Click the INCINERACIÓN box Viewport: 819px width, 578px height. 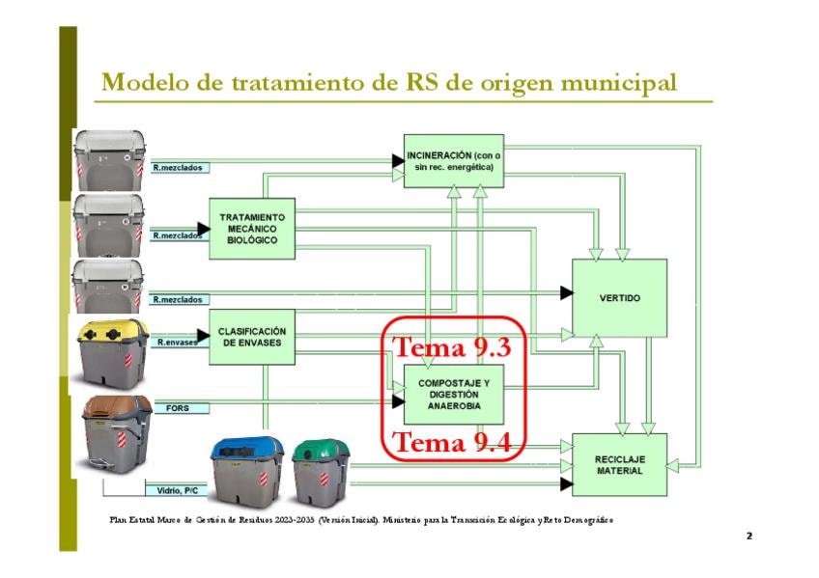[x=454, y=160]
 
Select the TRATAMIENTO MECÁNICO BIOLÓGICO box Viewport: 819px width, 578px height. [x=251, y=229]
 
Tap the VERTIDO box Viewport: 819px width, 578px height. [x=619, y=297]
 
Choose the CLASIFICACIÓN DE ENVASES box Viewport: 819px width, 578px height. [x=251, y=337]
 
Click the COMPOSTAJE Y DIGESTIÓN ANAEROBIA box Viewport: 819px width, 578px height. [x=454, y=395]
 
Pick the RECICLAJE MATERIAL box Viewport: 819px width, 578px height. [x=619, y=464]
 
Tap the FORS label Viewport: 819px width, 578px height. [x=179, y=408]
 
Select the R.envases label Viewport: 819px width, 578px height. [x=179, y=341]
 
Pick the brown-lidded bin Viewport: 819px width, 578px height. [x=117, y=430]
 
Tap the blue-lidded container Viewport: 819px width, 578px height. [x=248, y=471]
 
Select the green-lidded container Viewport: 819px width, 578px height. [x=321, y=471]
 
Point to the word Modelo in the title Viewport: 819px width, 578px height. [x=142, y=82]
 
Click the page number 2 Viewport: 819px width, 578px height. [x=748, y=535]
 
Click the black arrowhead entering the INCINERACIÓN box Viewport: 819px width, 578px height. [x=398, y=161]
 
